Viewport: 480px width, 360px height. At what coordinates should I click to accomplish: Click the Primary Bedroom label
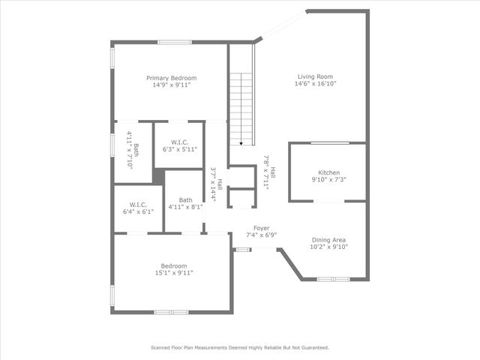pyautogui.click(x=171, y=78)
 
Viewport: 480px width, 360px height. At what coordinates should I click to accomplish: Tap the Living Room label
pyautogui.click(x=316, y=76)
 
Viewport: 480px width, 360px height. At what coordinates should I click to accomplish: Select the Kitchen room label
pyautogui.click(x=328, y=172)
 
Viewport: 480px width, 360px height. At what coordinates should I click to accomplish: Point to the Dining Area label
pyautogui.click(x=328, y=240)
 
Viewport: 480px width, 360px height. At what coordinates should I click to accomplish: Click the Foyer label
pyautogui.click(x=261, y=228)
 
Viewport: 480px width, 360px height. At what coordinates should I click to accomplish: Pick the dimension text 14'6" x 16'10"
pyautogui.click(x=316, y=84)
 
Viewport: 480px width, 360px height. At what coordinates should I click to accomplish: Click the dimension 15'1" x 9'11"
pyautogui.click(x=173, y=273)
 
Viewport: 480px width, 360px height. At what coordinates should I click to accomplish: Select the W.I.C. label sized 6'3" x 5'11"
pyautogui.click(x=179, y=142)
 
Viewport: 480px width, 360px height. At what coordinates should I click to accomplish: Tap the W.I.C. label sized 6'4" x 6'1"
pyautogui.click(x=138, y=204)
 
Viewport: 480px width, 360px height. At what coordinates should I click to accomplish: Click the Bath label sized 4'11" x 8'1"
pyautogui.click(x=184, y=199)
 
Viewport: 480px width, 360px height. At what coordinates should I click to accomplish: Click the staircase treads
pyautogui.click(x=241, y=105)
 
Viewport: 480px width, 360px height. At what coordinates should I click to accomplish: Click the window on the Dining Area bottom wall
pyautogui.click(x=333, y=279)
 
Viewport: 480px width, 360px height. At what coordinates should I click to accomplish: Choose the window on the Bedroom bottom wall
pyautogui.click(x=171, y=311)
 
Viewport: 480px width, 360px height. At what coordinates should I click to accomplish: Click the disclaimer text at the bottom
pyautogui.click(x=240, y=347)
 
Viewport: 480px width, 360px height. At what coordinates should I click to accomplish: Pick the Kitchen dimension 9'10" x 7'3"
pyautogui.click(x=328, y=180)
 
